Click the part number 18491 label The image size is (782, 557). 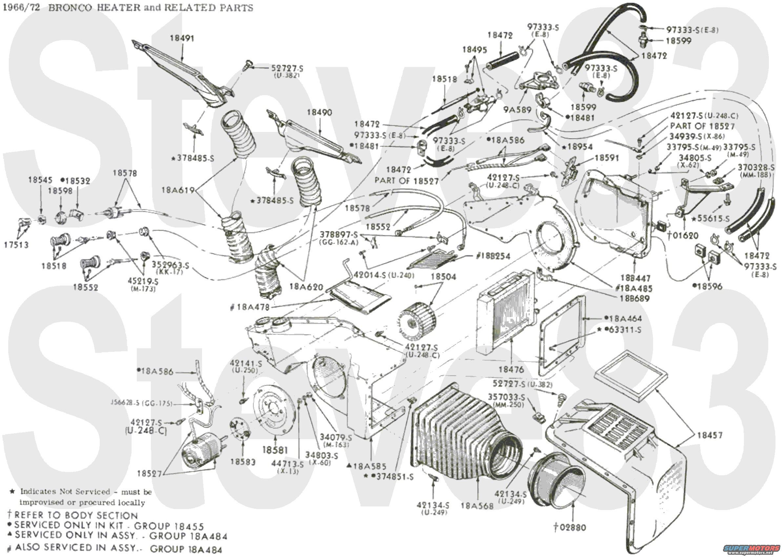182,38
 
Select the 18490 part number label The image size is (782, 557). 319,112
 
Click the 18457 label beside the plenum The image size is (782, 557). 710,435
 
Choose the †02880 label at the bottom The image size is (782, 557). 570,527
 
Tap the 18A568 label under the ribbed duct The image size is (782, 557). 477,505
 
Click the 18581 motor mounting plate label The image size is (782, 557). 275,450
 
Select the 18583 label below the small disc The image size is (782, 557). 243,462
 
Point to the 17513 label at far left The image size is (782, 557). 16,245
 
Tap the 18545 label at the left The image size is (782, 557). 40,180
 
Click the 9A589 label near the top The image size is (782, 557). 517,110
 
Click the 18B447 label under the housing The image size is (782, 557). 635,278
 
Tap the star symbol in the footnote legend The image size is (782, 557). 12,491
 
